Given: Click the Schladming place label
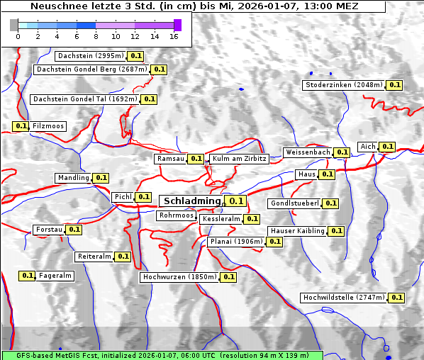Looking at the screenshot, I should tap(192, 201).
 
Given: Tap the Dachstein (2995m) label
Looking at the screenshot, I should tap(90, 55).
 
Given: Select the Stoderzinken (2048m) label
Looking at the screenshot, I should tap(344, 85).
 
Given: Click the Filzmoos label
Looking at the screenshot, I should tap(48, 126).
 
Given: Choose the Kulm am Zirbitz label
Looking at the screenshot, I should tap(239, 159).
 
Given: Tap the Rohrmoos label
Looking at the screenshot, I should tap(176, 215).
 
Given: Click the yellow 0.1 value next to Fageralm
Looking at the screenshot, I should tap(28, 276).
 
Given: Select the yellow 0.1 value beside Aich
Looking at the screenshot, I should tap(387, 147).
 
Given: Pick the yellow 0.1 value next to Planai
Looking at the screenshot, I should tap(274, 242).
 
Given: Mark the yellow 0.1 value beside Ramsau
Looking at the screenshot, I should tap(196, 159).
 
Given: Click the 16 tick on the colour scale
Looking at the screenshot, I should tap(174, 36).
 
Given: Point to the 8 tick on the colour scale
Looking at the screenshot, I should tap(96, 36).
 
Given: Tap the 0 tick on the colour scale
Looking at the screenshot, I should tap(17, 36).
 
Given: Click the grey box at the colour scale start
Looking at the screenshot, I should tap(14, 25).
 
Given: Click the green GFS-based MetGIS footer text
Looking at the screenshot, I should tap(162, 354).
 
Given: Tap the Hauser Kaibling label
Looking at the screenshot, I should tap(297, 231).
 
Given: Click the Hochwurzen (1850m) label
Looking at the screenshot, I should tap(178, 277).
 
